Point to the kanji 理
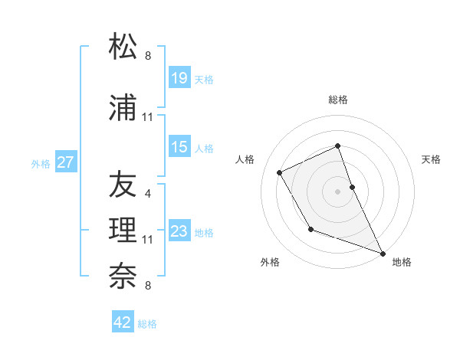(123, 231)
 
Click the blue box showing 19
(179, 78)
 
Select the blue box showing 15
(179, 147)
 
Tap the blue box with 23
(179, 231)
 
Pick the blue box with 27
(65, 162)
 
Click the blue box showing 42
(123, 322)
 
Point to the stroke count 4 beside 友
(147, 194)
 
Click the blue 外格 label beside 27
(41, 163)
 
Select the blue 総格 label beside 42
(147, 324)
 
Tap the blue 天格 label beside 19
(204, 80)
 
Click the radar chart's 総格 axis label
(338, 100)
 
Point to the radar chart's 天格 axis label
(432, 159)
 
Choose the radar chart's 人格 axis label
(245, 159)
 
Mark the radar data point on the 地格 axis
(383, 253)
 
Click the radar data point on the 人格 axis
(280, 173)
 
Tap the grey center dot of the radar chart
(338, 191)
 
